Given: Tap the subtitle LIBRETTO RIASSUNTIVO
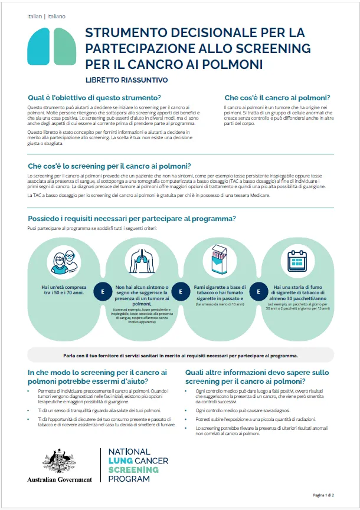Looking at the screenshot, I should click(x=126, y=80).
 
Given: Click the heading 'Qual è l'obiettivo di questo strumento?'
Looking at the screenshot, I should click(x=94, y=97).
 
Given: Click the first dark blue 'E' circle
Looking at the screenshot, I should click(x=103, y=291).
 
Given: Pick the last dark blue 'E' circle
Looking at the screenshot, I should click(x=257, y=291).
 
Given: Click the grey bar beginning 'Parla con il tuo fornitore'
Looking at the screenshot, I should click(x=180, y=356).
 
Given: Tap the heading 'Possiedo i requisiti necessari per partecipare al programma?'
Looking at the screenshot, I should click(x=132, y=219).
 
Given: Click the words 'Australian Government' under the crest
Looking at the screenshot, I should click(x=60, y=479).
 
